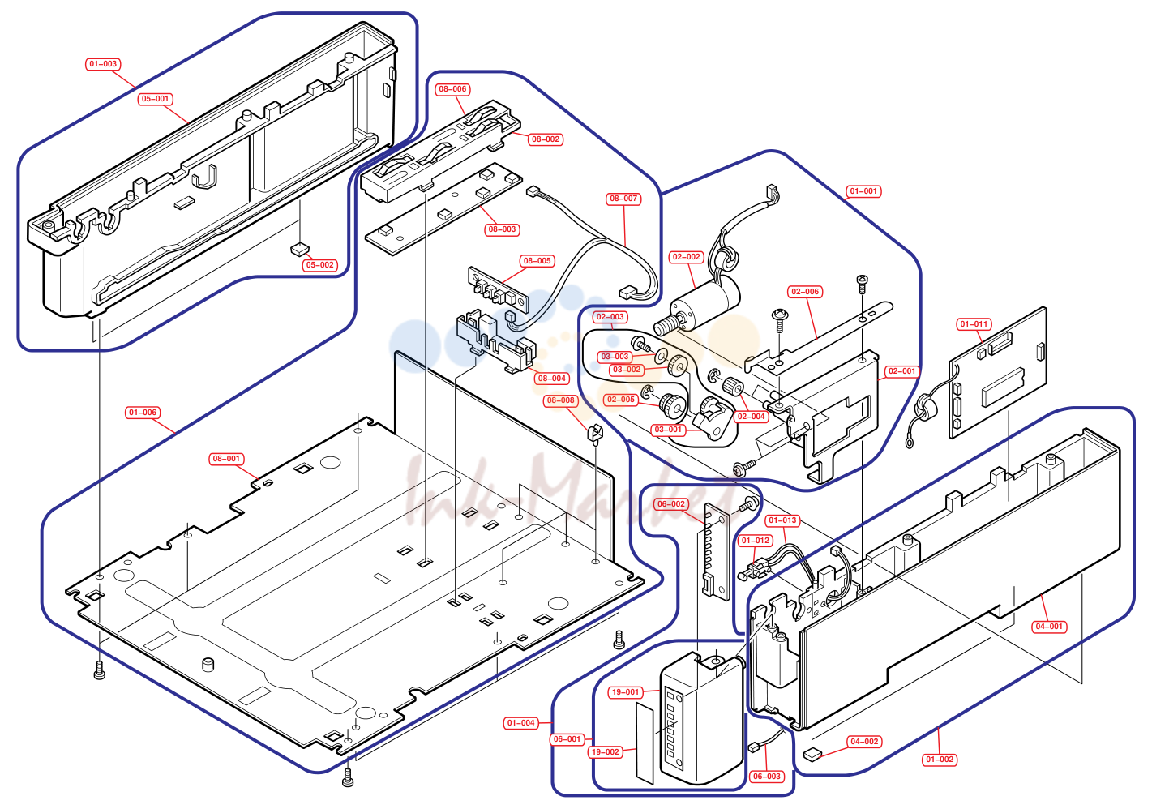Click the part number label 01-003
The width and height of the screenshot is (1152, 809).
(x=103, y=64)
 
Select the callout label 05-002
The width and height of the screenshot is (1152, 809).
(x=319, y=265)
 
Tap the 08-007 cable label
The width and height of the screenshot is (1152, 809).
(x=623, y=199)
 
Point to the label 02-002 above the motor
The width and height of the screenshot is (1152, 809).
(x=686, y=257)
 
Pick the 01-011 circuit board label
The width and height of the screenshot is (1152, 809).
(x=974, y=324)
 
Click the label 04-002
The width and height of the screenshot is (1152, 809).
(x=864, y=741)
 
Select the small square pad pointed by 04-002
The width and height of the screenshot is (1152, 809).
(x=811, y=755)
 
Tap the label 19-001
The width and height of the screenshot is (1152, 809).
(x=625, y=692)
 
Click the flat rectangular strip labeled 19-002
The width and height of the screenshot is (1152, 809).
(x=645, y=743)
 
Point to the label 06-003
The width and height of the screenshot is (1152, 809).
(x=766, y=776)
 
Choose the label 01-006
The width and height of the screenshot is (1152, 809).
(x=143, y=413)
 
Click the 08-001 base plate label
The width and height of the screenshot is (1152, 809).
(x=226, y=458)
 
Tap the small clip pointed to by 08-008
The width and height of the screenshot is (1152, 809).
(x=594, y=434)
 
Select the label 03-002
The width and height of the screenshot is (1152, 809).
(x=627, y=370)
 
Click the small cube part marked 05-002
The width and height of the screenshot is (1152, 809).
(x=299, y=250)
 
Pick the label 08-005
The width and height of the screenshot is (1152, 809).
(x=537, y=261)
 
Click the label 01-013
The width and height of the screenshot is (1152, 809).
(x=782, y=520)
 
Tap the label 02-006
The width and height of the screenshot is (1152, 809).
(x=805, y=292)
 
